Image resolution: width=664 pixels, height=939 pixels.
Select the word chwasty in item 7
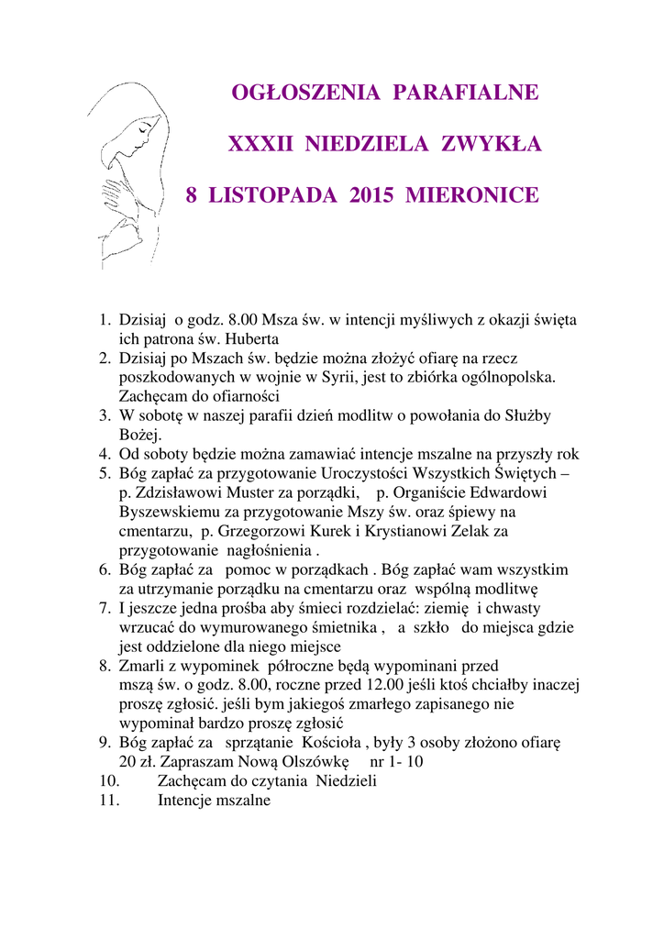click(x=512, y=608)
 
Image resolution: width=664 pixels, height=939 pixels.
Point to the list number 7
click(x=105, y=608)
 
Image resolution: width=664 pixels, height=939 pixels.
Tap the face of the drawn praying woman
click(x=142, y=138)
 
